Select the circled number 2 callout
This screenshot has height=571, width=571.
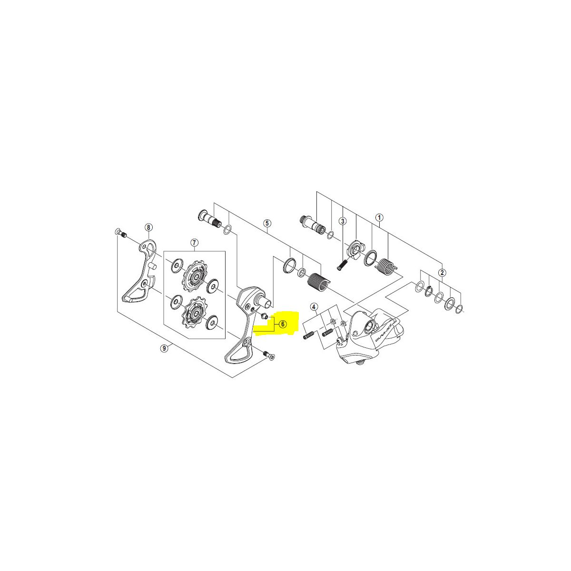[x=442, y=272]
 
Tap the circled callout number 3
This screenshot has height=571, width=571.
[x=343, y=221]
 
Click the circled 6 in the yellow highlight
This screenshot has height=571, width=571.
[x=283, y=324]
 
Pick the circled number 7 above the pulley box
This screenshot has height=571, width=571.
[x=194, y=243]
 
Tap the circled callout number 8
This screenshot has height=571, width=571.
[x=148, y=227]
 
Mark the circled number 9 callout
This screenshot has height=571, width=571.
[x=164, y=348]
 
